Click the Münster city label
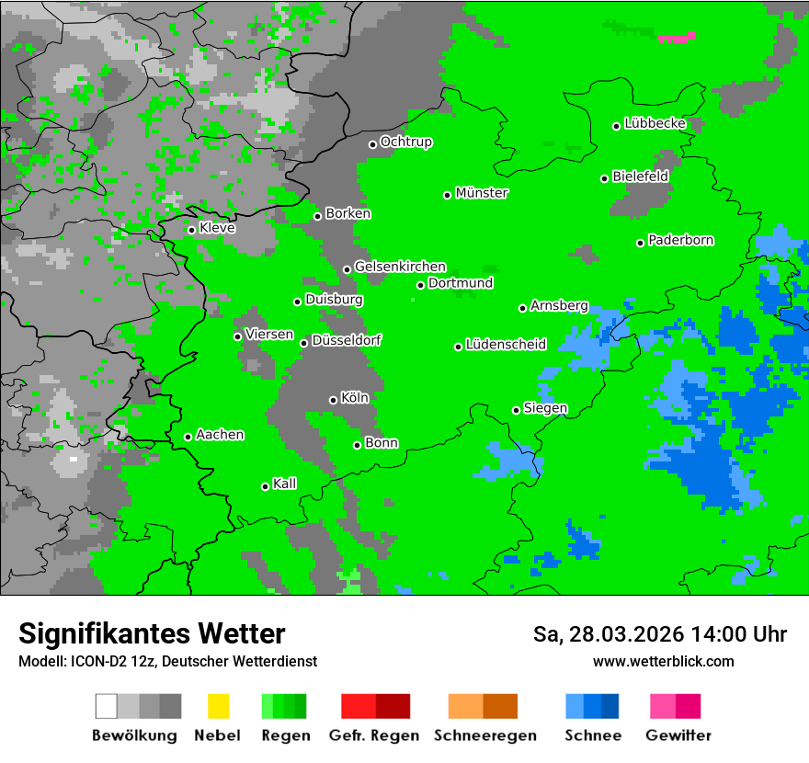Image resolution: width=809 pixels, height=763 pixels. (482, 193)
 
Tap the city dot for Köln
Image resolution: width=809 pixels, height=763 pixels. (333, 400)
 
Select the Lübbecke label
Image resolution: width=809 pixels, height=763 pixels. (655, 123)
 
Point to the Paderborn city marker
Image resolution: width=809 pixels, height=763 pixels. (640, 243)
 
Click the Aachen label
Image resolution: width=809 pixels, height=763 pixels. (220, 435)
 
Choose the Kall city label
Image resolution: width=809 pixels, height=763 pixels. (285, 484)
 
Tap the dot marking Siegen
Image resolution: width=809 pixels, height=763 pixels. (516, 410)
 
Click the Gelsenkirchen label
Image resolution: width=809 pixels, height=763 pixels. (400, 267)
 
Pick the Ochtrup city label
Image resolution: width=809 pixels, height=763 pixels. (406, 142)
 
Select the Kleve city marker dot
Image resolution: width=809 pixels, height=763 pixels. (191, 230)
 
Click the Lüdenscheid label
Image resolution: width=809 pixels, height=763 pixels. (506, 345)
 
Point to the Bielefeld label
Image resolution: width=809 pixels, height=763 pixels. (641, 177)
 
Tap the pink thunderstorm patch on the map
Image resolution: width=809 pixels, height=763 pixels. (676, 38)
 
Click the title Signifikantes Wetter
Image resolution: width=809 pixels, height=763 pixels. (152, 633)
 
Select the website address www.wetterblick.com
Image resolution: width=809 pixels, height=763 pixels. (663, 661)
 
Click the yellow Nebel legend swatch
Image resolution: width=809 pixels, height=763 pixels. (218, 706)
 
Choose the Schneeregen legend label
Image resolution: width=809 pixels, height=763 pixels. (484, 735)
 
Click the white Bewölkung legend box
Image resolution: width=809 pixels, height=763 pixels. (107, 706)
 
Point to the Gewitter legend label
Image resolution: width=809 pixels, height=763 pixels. (678, 735)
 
